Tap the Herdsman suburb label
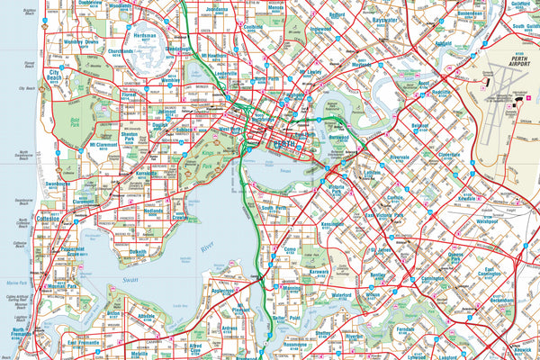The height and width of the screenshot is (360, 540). coord(144,37)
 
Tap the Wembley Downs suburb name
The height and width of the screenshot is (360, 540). coord(80,42)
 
